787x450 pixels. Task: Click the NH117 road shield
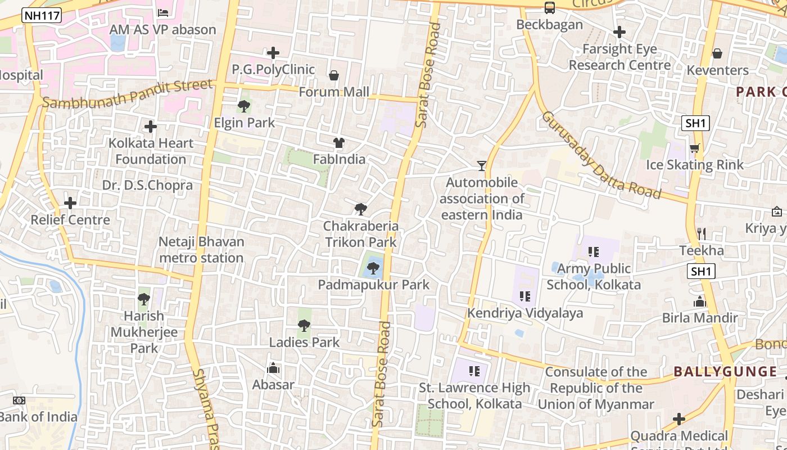tap(42, 16)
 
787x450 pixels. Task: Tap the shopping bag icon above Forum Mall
tap(334, 75)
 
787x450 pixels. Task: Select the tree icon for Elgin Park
tap(244, 106)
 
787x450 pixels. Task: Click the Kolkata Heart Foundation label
tap(151, 151)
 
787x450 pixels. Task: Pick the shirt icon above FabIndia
tap(338, 143)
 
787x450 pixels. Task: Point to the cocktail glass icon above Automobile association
tap(482, 165)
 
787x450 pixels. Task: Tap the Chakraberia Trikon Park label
tap(361, 234)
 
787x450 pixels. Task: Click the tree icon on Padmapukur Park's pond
tap(373, 268)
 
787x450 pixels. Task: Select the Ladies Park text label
tap(304, 342)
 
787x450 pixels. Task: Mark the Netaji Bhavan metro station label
tap(201, 250)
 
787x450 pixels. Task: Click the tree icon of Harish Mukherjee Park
tap(144, 299)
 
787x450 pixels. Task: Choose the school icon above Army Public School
tap(593, 252)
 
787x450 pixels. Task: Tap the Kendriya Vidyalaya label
tap(525, 313)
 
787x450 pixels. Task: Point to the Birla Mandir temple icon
tap(700, 301)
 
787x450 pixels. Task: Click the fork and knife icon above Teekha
tap(701, 233)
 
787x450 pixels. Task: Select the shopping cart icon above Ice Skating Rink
tap(695, 148)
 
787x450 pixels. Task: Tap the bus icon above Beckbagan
tap(549, 8)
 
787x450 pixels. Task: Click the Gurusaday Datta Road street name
tap(600, 155)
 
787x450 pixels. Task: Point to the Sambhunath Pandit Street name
tap(128, 94)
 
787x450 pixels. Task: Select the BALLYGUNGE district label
tap(725, 371)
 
